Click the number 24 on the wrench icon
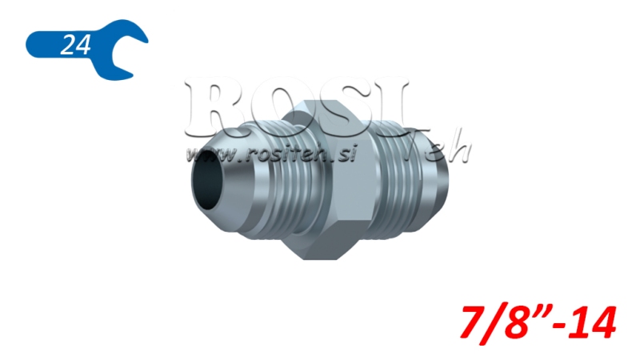click(74, 46)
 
